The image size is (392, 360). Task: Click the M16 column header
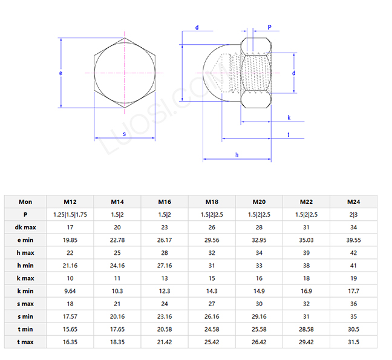(x=165, y=202)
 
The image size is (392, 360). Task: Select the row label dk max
(x=25, y=227)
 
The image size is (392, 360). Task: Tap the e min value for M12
(x=70, y=240)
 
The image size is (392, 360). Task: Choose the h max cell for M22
(x=306, y=253)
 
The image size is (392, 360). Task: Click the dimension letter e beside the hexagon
(x=60, y=73)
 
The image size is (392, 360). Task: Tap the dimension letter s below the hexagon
(x=124, y=134)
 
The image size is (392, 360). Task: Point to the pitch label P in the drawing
(x=269, y=28)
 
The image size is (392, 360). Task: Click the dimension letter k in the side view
(x=289, y=117)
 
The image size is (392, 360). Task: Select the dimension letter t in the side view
(x=289, y=134)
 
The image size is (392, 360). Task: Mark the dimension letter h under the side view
(x=237, y=155)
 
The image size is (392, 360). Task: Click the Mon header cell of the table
(x=25, y=202)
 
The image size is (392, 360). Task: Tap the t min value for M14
(x=117, y=330)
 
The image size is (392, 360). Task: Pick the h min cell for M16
(x=165, y=266)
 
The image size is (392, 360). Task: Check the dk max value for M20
(x=258, y=227)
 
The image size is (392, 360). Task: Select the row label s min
(x=25, y=317)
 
